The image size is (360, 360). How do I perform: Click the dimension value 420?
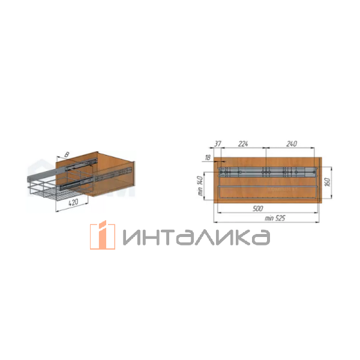click(73, 202)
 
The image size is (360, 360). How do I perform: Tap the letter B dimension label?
click(67, 155)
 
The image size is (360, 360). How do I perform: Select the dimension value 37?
click(218, 144)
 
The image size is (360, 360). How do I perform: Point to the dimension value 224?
click(243, 144)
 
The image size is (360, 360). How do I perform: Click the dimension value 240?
click(292, 144)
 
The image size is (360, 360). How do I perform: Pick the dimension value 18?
click(208, 158)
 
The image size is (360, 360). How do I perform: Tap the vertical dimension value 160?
click(328, 182)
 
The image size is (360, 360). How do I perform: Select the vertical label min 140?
click(200, 186)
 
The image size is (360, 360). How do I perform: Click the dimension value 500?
click(257, 208)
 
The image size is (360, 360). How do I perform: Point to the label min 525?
click(275, 218)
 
